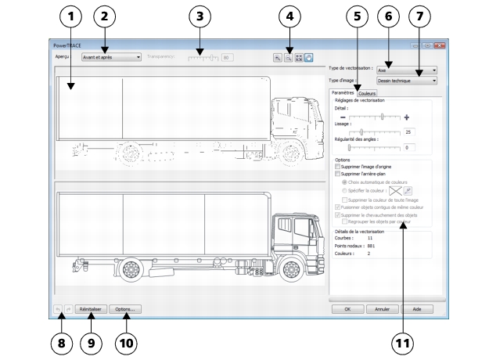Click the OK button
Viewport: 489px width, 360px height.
(x=347, y=309)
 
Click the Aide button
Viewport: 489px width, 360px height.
(x=417, y=309)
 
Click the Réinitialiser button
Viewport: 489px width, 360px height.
(x=91, y=309)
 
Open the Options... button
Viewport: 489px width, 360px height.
(x=125, y=309)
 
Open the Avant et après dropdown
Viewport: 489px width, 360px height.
(x=111, y=56)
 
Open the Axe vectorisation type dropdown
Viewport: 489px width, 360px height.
(x=407, y=69)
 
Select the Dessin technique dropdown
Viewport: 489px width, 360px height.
(x=407, y=80)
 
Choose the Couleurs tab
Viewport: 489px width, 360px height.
(x=367, y=93)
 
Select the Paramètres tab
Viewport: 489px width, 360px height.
(x=343, y=93)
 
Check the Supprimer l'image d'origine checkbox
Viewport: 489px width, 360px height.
(x=337, y=167)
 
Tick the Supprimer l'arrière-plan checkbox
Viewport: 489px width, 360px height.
(x=337, y=174)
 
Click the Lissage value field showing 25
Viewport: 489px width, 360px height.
(x=409, y=131)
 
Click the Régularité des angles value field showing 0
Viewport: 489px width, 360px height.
(x=409, y=147)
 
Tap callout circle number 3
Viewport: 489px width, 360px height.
(x=200, y=16)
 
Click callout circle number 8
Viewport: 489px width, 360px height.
(x=59, y=343)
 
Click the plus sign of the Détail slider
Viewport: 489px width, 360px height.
(x=407, y=117)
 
